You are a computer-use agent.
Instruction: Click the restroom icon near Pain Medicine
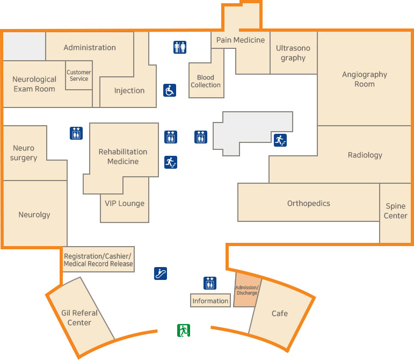pos(180,47)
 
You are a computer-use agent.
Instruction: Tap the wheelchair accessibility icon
pos(170,90)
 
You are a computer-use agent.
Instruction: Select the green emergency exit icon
pos(184,330)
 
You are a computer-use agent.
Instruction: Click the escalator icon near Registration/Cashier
pos(161,273)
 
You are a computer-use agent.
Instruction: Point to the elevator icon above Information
pos(210,283)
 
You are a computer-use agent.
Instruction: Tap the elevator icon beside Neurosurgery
pos(76,133)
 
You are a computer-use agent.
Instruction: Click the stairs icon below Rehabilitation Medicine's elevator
pos(170,162)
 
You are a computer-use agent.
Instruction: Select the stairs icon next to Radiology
pos(280,140)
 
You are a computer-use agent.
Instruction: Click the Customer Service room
pos(78,76)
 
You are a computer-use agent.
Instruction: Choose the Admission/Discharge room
pos(247,290)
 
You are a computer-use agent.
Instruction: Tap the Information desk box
pos(210,300)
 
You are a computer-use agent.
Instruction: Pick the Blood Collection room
pos(206,81)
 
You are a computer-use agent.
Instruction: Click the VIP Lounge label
pos(125,203)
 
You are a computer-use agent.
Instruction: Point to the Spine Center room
pos(395,211)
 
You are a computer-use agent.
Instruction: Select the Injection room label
pos(129,90)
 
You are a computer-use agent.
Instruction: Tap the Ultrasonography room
pos(293,53)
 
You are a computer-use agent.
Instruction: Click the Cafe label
pos(279,313)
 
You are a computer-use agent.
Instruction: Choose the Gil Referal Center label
pos(79,318)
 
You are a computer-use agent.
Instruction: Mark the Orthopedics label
pos(308,203)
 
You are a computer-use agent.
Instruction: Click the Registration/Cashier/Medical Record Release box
pos(98,260)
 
